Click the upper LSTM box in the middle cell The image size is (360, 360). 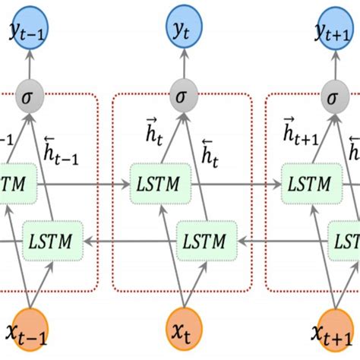coord(156,185)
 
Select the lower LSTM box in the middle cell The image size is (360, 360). coord(204,242)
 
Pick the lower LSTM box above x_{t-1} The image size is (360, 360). coord(51,242)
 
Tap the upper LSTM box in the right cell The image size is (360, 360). coord(309,185)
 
